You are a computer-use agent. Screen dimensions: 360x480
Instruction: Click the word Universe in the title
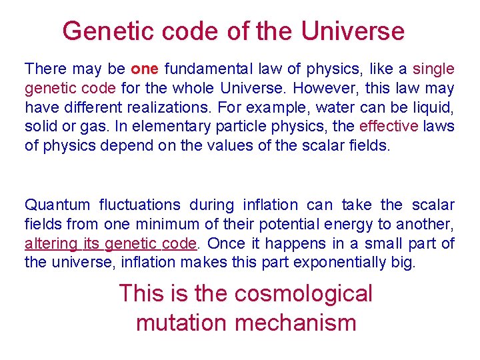353,31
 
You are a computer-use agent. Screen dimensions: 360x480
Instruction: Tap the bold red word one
145,69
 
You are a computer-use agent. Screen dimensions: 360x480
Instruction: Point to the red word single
433,69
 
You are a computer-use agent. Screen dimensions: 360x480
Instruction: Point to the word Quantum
55,205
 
